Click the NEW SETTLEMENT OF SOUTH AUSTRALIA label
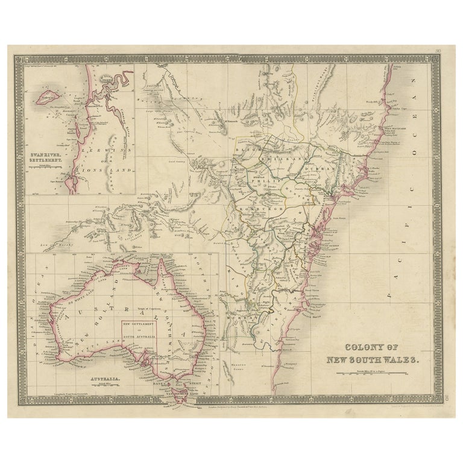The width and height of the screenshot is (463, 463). [x=139, y=328]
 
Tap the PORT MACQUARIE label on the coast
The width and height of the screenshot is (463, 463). [x=395, y=128]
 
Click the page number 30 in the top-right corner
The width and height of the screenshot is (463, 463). [x=445, y=52]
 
